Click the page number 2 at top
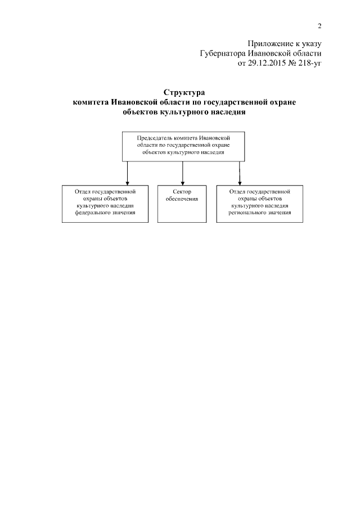coord(319,26)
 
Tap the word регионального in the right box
coord(244,214)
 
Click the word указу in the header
coord(310,44)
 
